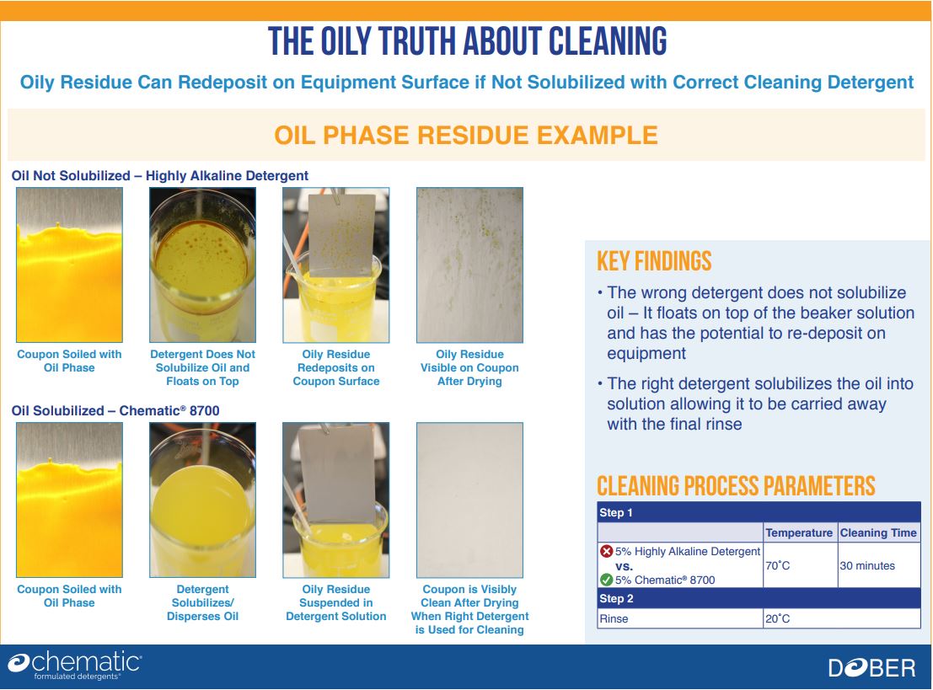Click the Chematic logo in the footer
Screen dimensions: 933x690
(x=74, y=666)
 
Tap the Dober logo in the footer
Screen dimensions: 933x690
(x=871, y=668)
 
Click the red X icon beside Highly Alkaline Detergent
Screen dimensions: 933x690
(x=606, y=551)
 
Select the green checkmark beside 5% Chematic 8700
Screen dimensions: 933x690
(x=606, y=580)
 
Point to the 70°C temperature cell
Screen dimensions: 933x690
(x=777, y=565)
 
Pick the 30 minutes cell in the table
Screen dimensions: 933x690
(x=867, y=565)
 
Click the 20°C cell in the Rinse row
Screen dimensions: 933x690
(x=777, y=618)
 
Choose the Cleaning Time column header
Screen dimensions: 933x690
(x=878, y=533)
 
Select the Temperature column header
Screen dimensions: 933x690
(x=798, y=533)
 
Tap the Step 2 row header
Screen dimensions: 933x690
(x=616, y=598)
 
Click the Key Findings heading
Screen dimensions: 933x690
(x=654, y=261)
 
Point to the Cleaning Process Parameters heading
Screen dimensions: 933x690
(x=736, y=486)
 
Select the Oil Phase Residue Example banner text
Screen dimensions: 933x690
(x=466, y=136)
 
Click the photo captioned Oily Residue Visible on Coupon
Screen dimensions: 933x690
(x=469, y=265)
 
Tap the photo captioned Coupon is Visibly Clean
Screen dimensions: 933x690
(x=469, y=500)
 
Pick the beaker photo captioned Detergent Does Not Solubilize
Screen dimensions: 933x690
(x=203, y=265)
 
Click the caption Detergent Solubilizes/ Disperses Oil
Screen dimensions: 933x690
(x=202, y=602)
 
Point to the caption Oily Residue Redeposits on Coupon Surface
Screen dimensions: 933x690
(x=336, y=367)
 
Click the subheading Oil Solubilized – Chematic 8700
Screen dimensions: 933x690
(x=115, y=410)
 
